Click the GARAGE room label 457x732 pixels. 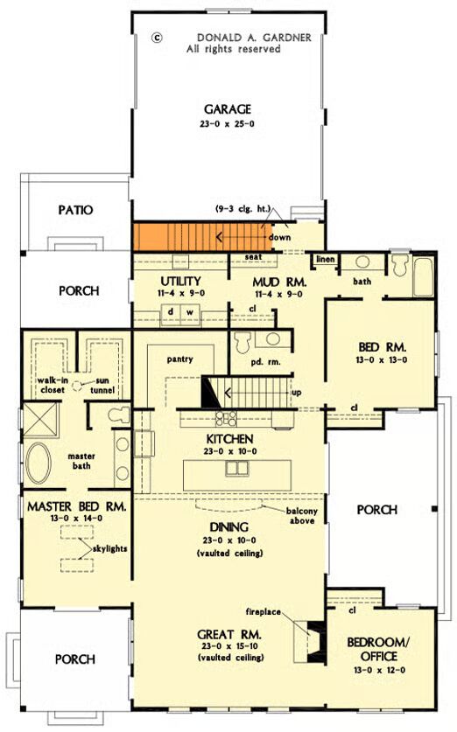pos(228,109)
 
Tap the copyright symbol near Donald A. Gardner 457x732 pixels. pos(158,38)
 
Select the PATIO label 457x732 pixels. pos(75,210)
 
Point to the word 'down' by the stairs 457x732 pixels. pos(279,237)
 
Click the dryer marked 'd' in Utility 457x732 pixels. pos(171,312)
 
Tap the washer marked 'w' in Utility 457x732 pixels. pos(190,312)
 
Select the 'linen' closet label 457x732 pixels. pos(325,259)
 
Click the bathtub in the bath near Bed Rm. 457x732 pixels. pos(424,276)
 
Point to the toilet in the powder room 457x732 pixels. pos(243,342)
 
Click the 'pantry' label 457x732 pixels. pos(179,359)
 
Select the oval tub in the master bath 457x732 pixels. pos(39,463)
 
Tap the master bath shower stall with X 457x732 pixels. pos(40,420)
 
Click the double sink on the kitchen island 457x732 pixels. pos(237,468)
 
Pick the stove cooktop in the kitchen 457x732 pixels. pos(226,418)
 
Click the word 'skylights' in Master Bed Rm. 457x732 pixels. pos(109,548)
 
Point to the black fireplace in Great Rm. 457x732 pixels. pos(315,641)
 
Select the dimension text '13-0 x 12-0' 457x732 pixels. pos(379,670)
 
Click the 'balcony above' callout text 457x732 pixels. pos(302,516)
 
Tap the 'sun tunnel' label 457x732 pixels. pos(102,385)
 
